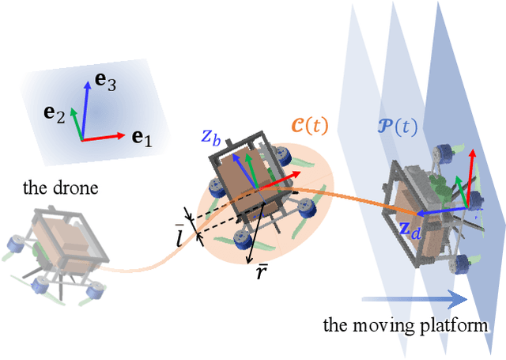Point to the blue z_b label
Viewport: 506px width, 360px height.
pos(210,135)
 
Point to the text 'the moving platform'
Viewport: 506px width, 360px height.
pos(408,326)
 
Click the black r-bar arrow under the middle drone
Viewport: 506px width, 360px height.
pos(255,230)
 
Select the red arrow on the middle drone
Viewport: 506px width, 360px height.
pos(281,178)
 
